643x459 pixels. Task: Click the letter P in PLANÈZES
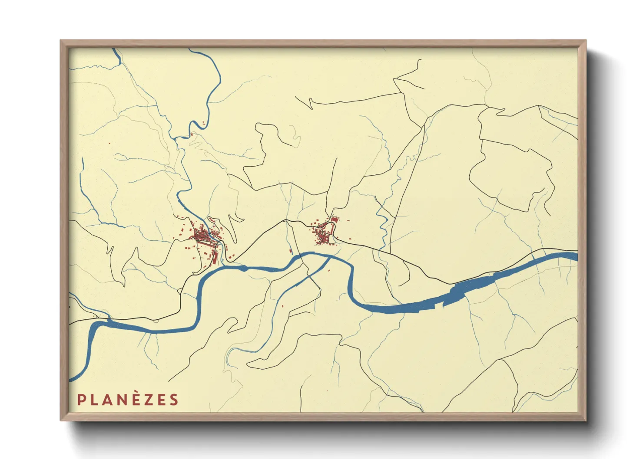point(81,400)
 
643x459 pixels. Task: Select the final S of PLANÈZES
point(174,400)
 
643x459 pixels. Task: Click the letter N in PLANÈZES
point(123,400)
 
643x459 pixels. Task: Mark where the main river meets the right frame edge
point(577,256)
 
